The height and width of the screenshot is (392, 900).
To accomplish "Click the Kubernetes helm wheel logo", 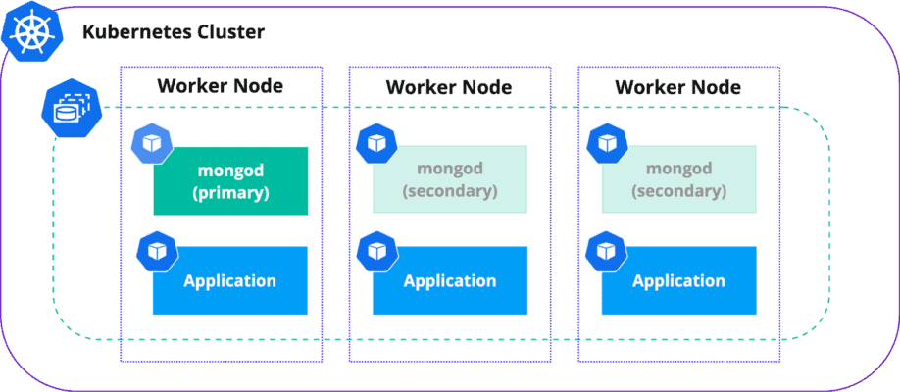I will (29, 32).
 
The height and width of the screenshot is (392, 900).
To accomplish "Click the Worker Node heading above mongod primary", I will (221, 86).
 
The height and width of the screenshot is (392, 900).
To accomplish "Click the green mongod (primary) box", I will (230, 181).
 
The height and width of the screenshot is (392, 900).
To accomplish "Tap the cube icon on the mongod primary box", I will (151, 144).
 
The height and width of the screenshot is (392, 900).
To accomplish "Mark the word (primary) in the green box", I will (230, 193).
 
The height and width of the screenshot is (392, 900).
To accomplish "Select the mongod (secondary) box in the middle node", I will (450, 179).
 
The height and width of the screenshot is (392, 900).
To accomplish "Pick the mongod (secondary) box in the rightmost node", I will (678, 179).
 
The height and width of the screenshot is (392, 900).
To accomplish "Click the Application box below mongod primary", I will (230, 281).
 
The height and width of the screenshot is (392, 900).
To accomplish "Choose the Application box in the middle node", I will (450, 281).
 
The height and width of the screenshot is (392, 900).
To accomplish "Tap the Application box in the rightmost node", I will (678, 281).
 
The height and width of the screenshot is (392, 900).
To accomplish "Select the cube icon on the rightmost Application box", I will (605, 251).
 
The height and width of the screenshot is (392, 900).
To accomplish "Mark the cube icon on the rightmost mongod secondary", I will (605, 144).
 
